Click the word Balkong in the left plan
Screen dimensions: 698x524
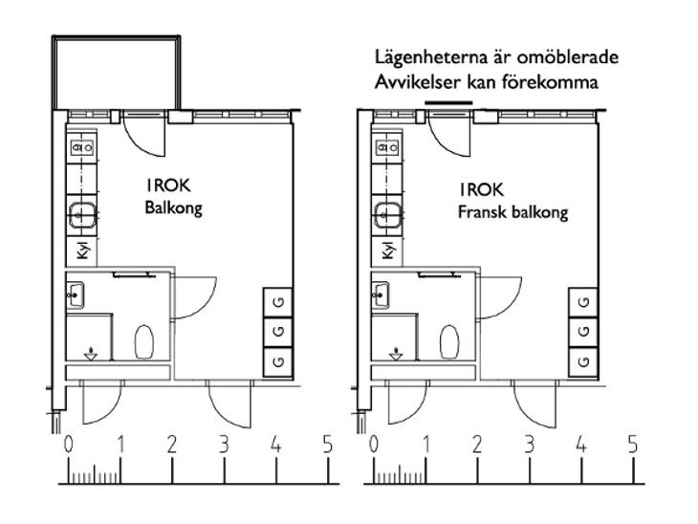174,208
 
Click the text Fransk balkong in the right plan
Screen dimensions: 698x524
513,212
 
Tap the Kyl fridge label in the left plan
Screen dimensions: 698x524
83,251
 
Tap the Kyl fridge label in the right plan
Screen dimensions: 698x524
388,251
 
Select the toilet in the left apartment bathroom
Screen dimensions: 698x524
144,341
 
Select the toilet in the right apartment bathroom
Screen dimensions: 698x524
449,341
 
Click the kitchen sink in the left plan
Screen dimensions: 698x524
82,215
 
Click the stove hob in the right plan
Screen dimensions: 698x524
388,147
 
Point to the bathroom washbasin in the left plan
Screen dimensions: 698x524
75,295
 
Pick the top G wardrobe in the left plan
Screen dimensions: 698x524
278,303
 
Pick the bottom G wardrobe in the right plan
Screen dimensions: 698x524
583,361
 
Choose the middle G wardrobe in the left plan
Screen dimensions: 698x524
278,332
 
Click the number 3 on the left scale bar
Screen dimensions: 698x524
224,445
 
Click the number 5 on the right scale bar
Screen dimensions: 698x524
633,445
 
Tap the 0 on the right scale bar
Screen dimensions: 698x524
374,445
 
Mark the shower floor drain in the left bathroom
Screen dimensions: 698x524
91,354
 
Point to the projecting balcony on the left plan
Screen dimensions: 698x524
117,73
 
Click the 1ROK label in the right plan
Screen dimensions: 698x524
482,190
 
